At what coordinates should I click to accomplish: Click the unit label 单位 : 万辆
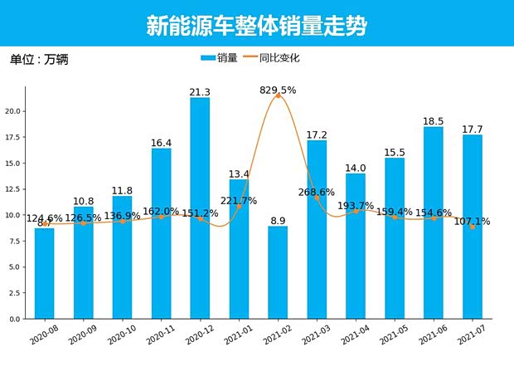(x=38, y=60)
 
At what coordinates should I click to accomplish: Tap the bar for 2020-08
(x=45, y=273)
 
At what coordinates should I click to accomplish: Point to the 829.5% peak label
(x=278, y=90)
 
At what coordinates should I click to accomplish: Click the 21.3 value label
(x=200, y=92)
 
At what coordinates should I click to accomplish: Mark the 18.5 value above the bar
(x=434, y=121)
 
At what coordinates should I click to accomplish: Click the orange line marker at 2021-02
(x=278, y=96)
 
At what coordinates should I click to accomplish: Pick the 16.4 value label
(x=161, y=143)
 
